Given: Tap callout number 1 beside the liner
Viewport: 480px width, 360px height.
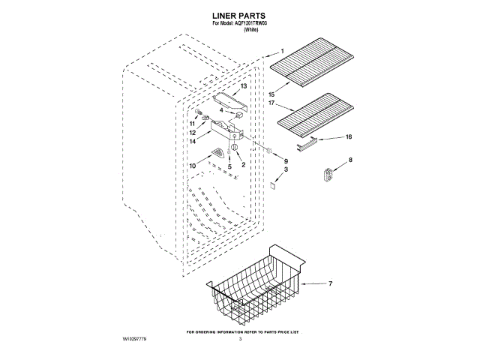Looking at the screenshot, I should [x=282, y=52].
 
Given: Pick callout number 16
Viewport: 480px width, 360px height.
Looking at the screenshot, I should [x=348, y=136].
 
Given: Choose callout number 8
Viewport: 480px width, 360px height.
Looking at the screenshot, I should [x=349, y=160].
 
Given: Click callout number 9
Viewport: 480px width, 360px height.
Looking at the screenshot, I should [x=286, y=161].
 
